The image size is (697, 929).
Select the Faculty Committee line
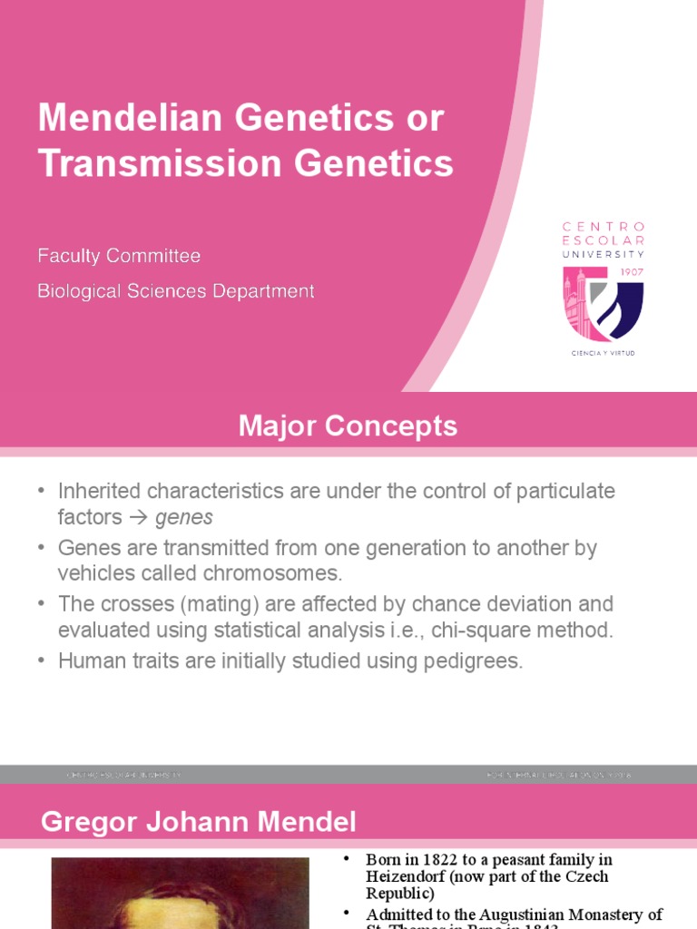(119, 257)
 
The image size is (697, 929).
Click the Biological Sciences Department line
(176, 291)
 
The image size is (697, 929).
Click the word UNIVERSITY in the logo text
(604, 254)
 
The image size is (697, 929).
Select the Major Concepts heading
(348, 425)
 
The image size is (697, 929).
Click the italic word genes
(184, 518)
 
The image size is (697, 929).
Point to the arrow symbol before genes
(138, 518)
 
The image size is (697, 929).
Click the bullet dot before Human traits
(41, 661)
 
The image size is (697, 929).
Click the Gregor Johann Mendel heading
(199, 823)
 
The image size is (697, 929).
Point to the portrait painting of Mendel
(180, 893)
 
